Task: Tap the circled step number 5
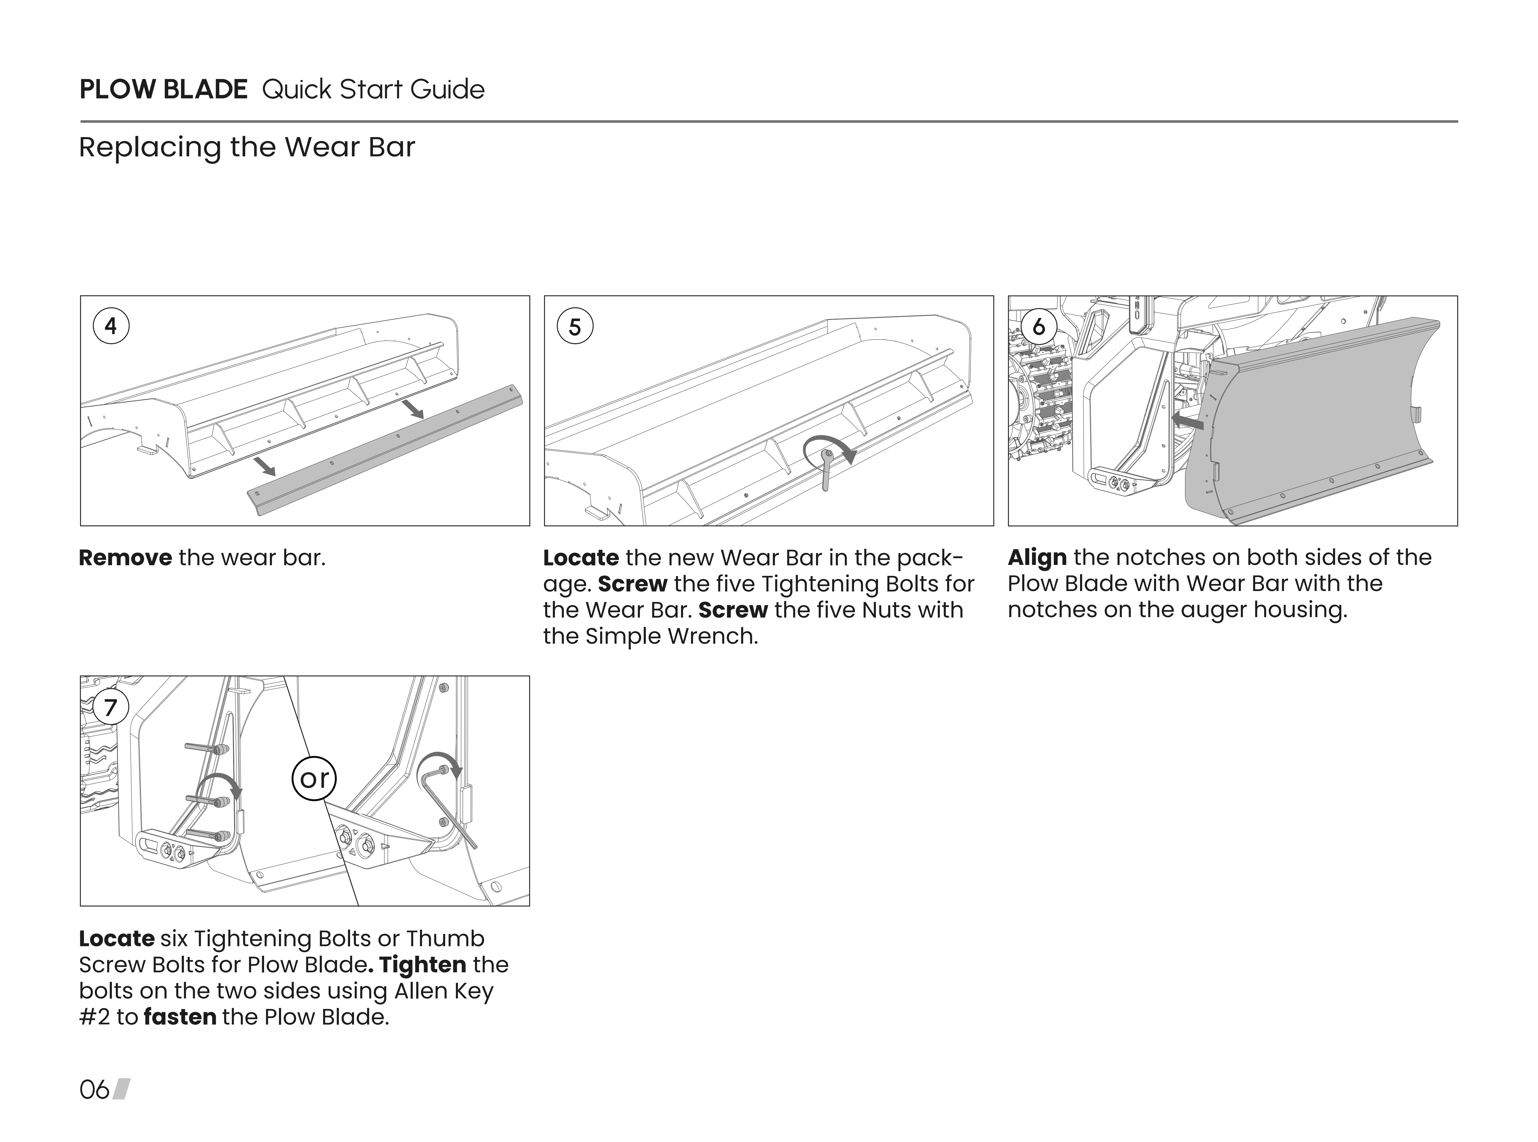point(575,326)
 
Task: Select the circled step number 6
point(1039,326)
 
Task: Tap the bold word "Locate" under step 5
point(581,558)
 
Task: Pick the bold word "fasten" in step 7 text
point(180,1017)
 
